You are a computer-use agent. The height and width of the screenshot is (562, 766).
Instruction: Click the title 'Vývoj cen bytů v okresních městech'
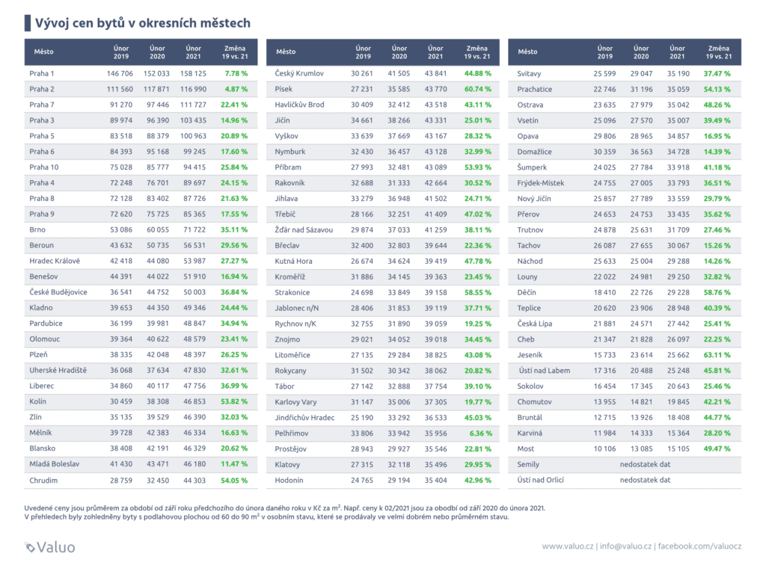[x=143, y=22]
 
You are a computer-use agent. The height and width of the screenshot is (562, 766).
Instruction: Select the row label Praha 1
[x=42, y=73]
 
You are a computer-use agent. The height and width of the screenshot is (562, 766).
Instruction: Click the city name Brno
[x=37, y=230]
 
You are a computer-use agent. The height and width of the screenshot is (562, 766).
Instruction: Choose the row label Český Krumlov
[x=299, y=73]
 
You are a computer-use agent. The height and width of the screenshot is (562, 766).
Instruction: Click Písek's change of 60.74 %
[x=477, y=89]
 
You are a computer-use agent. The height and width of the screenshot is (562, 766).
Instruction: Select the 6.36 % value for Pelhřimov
[x=480, y=433]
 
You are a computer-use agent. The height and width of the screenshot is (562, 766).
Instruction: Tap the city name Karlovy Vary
[x=296, y=402]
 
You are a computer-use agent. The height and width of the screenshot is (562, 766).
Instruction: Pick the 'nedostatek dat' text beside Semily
[x=644, y=465]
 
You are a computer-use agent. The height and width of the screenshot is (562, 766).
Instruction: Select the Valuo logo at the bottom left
[x=50, y=546]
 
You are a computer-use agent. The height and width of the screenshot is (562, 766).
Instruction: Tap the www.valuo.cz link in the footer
[x=568, y=547]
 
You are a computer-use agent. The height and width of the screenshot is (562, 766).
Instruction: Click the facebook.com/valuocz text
[x=698, y=547]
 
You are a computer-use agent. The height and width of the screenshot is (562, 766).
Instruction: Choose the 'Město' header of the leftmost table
[x=41, y=52]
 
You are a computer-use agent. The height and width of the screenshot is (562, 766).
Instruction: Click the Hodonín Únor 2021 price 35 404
[x=435, y=481]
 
